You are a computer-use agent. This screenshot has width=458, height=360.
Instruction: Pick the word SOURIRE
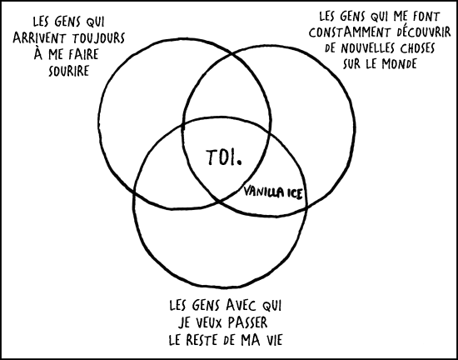(68, 71)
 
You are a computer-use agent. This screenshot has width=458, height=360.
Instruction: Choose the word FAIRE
(84, 55)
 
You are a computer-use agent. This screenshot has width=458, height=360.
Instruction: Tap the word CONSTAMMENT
(351, 33)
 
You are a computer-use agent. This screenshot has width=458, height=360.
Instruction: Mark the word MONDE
(399, 64)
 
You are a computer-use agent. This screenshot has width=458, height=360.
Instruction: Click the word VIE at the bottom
(271, 341)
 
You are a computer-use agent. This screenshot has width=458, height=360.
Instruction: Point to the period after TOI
(240, 162)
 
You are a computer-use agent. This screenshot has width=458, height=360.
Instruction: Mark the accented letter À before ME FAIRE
(38, 53)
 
